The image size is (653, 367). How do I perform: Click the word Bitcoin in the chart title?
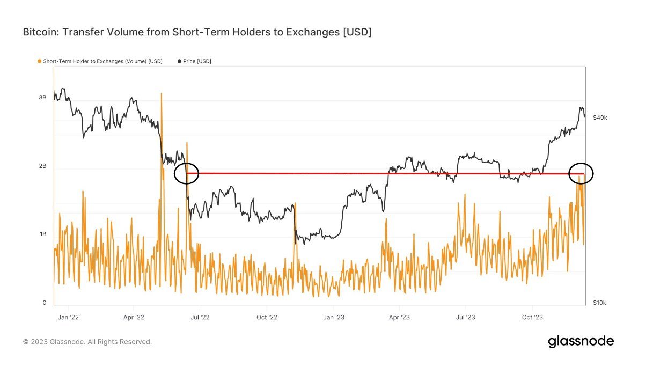tap(40, 33)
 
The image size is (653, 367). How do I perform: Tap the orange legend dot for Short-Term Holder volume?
tap(39, 61)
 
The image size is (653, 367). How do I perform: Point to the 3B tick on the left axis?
tap(42, 97)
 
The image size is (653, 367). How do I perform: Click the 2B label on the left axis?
tap(42, 166)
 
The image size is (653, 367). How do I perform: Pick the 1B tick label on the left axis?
tap(42, 234)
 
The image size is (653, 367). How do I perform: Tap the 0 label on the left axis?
tap(45, 303)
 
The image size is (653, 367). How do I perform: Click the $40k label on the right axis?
tap(599, 118)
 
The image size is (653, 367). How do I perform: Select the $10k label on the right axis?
tap(599, 303)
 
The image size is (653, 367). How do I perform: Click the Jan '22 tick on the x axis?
tap(68, 317)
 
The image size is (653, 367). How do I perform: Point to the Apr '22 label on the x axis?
tap(134, 317)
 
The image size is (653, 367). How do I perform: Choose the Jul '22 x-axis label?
tap(200, 317)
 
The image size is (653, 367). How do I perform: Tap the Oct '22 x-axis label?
tap(267, 317)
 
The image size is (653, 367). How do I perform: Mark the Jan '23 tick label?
tap(333, 317)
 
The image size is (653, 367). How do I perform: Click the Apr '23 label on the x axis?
tap(399, 317)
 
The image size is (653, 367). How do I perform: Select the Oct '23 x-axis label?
tap(532, 317)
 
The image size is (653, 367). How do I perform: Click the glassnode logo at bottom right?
tap(581, 341)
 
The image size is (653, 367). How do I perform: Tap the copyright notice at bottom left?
tap(87, 342)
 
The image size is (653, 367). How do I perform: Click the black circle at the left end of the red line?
tap(187, 173)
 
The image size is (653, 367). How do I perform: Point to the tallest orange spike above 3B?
tap(161, 94)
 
